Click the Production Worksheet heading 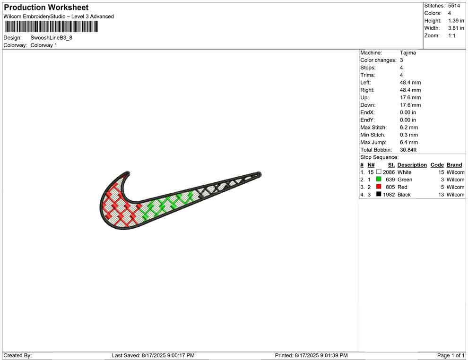[46, 8]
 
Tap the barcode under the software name [52, 26]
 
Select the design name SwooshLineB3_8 [52, 38]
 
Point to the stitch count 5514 [454, 6]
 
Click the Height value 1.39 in [456, 21]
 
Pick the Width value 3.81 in [456, 28]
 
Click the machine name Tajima [407, 53]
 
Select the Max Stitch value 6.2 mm [409, 128]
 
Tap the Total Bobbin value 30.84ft [408, 150]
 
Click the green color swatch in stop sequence [379, 179]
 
